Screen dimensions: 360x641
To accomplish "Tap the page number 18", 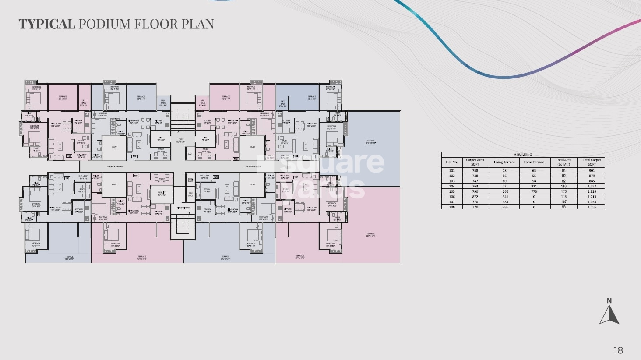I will (618, 350).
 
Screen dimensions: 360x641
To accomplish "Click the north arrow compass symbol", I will (609, 312).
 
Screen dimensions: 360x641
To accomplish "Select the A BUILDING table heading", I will (523, 155).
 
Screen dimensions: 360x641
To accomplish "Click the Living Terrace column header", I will (504, 162).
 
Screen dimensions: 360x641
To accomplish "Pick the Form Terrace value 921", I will (534, 186).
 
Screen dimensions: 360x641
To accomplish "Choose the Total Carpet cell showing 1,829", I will (592, 191).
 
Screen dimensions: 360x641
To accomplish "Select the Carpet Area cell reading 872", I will (475, 197).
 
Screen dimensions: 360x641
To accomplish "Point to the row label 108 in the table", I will (452, 207).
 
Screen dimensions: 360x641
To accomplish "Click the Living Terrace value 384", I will (504, 202).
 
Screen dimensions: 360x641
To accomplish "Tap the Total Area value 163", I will (564, 186).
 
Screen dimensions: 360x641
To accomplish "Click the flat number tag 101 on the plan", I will (69, 156).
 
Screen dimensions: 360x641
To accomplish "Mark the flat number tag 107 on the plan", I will (136, 176).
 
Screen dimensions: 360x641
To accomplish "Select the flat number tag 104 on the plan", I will (296, 156).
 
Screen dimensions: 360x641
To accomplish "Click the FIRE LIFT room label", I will (161, 194).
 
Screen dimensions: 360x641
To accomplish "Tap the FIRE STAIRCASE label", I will (183, 208).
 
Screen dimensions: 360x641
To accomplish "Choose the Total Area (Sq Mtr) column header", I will (564, 162).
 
